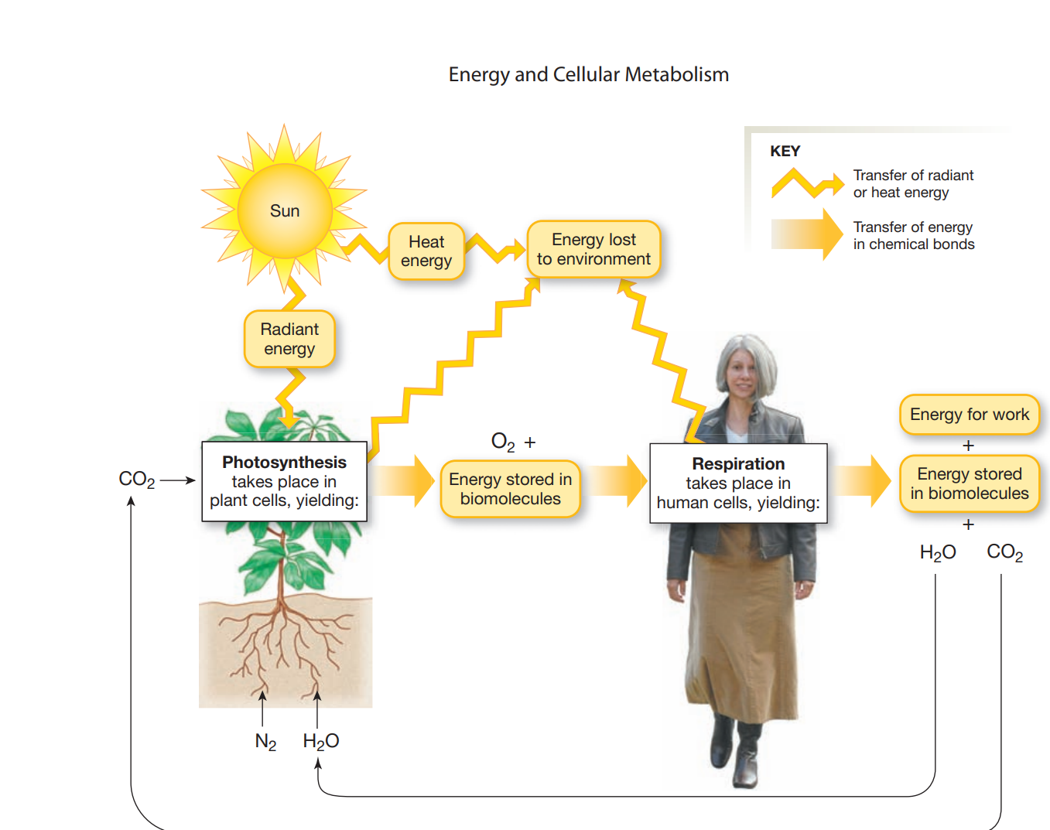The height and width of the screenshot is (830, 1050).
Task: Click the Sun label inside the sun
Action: coord(285,210)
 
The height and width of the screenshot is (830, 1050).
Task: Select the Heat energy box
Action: coord(426,251)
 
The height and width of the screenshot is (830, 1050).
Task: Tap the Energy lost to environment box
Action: coord(593,249)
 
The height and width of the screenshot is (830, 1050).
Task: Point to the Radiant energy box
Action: coord(289,339)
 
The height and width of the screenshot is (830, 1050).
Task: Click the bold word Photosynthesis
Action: coord(284,462)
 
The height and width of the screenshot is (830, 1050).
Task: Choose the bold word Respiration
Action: coord(738,463)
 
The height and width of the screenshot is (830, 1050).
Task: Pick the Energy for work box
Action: coord(969,415)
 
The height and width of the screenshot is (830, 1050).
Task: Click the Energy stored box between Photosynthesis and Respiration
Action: coord(510,489)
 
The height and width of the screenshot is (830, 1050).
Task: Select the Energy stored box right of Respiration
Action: coord(969,483)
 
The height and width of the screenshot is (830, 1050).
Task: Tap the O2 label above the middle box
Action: coord(503,442)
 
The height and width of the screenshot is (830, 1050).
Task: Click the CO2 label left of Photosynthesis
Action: coord(137,480)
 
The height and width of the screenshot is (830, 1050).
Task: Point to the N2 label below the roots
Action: coord(265,742)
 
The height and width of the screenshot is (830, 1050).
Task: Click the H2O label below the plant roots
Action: coord(320,742)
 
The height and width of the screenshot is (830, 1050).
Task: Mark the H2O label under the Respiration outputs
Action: coord(937,552)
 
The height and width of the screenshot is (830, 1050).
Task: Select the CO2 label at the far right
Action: coord(1004,552)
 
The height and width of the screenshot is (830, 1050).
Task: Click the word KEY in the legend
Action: coord(785,151)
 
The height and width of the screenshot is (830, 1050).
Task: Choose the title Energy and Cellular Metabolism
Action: coord(588,74)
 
